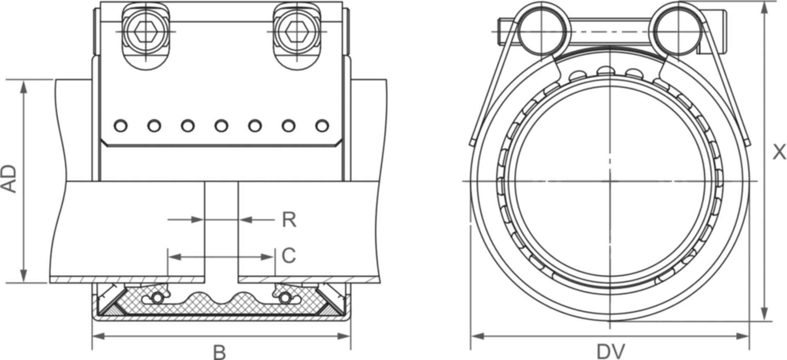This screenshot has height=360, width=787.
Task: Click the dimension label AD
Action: [x=9, y=179]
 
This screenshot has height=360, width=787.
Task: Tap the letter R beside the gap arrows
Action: [x=289, y=220]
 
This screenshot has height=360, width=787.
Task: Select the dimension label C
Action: [x=289, y=256]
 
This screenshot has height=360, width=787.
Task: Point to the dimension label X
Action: [x=779, y=152]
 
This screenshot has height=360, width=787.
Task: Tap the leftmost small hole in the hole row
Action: [x=121, y=125]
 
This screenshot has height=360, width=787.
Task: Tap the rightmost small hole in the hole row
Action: [x=322, y=125]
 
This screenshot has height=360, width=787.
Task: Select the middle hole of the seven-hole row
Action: [x=221, y=125]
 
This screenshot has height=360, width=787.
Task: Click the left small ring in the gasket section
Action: [x=157, y=298]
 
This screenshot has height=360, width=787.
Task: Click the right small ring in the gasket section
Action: [x=284, y=298]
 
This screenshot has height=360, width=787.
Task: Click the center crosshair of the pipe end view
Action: [x=610, y=181]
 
